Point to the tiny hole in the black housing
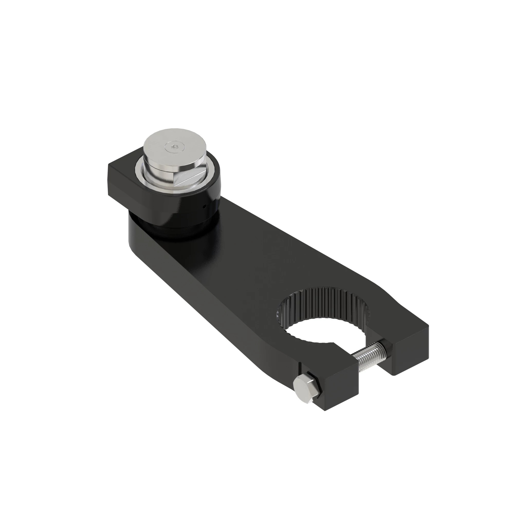[x=204, y=206]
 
